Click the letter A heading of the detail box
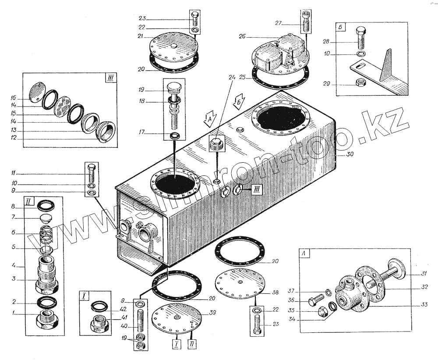tap(304, 253)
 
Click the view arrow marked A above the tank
tap(209, 118)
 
